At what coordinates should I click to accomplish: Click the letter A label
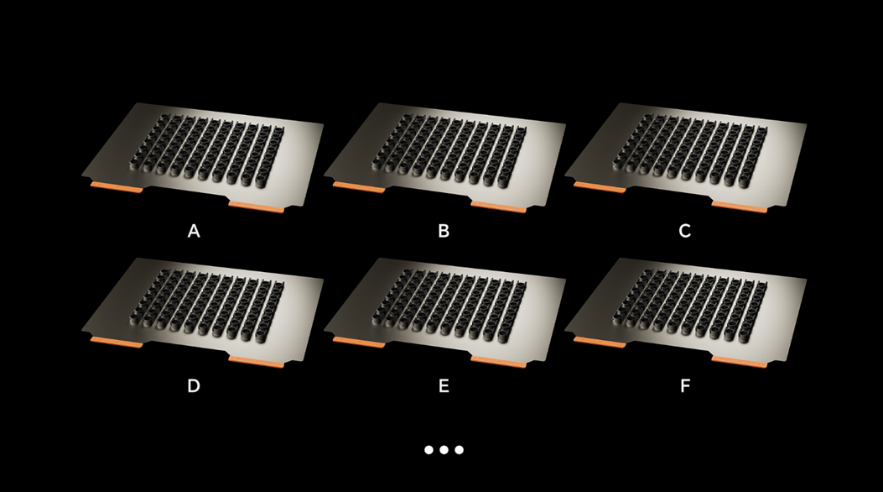coord(194,231)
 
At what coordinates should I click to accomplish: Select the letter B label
coord(444,231)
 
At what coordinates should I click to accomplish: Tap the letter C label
coord(685,231)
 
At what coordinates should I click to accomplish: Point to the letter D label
coord(194,386)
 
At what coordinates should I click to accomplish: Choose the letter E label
coord(444,386)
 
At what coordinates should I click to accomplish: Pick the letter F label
coord(685,386)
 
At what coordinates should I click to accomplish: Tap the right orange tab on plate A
coord(257,207)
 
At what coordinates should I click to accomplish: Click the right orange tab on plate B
coord(498,207)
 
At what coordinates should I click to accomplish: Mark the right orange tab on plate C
coord(740,207)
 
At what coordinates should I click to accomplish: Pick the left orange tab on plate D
coord(117,343)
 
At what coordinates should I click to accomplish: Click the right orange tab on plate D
coord(257,363)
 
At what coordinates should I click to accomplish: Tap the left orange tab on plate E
coord(359,343)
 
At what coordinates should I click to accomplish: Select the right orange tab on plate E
coord(498,363)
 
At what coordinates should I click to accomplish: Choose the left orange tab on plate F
coord(600,343)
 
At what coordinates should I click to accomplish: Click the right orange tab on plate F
coord(740,363)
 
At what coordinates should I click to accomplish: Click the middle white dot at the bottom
coord(444,450)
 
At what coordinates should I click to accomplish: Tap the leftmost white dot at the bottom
coord(429,450)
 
